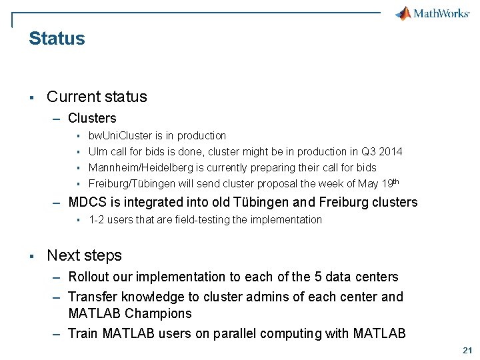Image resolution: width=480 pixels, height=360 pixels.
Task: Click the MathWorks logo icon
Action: (403, 13)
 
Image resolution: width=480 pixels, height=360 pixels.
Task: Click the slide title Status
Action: (57, 39)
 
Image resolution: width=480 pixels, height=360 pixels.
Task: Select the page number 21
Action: (466, 350)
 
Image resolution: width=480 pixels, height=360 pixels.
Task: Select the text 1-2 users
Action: (111, 219)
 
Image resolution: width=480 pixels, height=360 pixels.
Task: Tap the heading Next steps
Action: (84, 255)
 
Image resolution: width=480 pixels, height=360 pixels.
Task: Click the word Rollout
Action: (89, 277)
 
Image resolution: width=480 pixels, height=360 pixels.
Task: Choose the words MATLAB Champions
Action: (129, 313)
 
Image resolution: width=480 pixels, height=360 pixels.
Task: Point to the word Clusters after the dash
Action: (92, 118)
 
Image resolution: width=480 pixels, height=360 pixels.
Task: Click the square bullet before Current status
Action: (31, 97)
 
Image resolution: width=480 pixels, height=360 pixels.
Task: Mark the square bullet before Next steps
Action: (31, 256)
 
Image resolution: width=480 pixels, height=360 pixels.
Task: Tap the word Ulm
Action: (98, 151)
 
